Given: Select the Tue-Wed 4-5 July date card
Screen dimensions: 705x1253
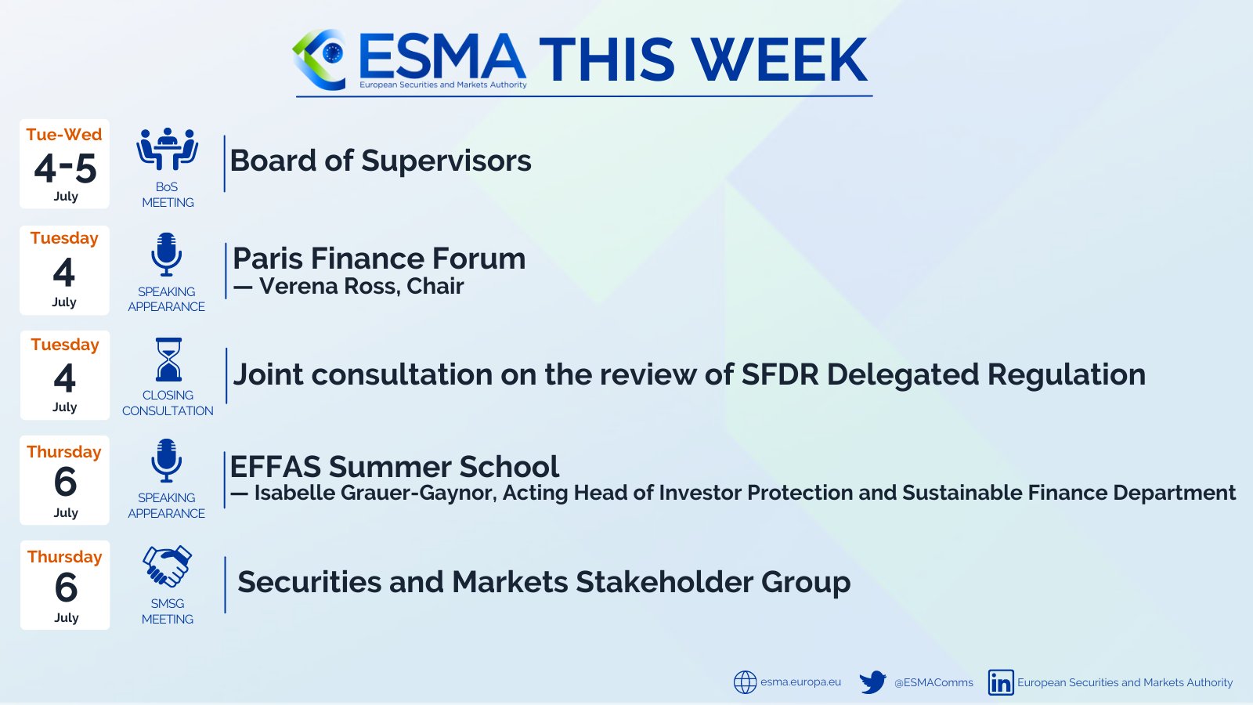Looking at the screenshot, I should click(x=65, y=164).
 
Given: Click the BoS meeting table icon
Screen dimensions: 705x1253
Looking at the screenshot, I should click(x=167, y=149).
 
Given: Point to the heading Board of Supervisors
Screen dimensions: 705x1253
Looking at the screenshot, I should click(x=381, y=161).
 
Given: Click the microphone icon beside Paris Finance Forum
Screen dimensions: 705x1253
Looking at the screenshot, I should click(x=166, y=254).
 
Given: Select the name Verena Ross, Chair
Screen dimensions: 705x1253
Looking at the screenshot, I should click(x=361, y=287).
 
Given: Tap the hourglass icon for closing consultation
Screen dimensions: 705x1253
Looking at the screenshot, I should click(x=168, y=360).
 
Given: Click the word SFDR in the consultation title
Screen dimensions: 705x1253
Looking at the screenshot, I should click(x=779, y=374).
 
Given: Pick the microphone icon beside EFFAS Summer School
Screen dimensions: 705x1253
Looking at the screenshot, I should click(x=166, y=461).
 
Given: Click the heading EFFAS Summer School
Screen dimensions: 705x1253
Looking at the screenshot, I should click(x=395, y=467).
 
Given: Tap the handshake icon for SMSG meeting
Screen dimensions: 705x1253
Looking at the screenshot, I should click(x=167, y=566).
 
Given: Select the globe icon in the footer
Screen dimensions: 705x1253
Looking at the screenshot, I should click(x=745, y=682).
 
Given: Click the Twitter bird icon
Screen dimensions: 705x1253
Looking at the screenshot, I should click(x=872, y=682).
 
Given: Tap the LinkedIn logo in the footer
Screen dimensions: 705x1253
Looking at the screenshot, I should click(x=1001, y=682).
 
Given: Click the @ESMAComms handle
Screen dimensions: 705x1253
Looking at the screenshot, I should click(x=933, y=682).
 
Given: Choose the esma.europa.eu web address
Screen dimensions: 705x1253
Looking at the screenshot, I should click(x=800, y=682).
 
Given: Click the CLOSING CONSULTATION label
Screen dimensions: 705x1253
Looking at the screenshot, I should click(x=168, y=403).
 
